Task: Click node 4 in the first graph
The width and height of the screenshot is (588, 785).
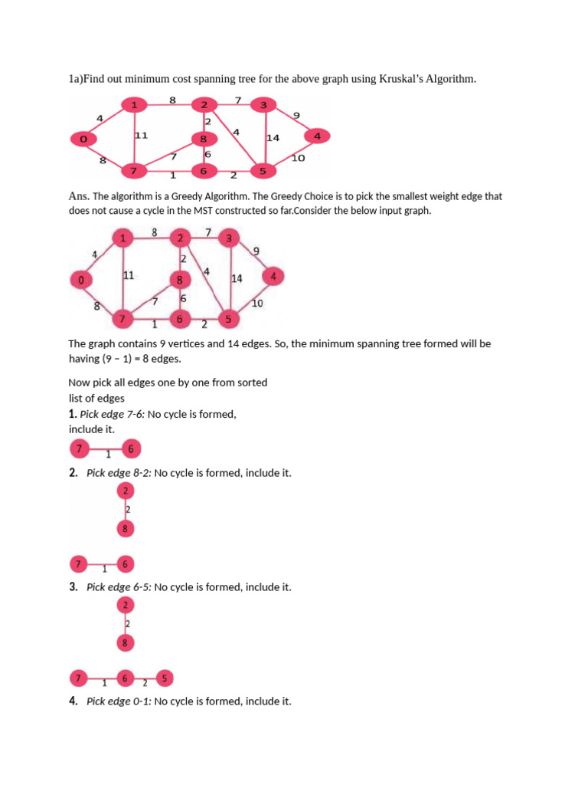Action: (x=317, y=136)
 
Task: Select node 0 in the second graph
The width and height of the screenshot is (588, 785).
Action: (x=81, y=281)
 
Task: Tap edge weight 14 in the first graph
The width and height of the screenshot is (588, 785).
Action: (x=273, y=138)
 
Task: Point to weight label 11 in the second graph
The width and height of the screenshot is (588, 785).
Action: (x=129, y=274)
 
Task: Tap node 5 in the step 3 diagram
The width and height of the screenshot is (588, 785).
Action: (x=165, y=678)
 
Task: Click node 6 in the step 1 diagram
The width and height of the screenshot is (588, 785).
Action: (x=129, y=449)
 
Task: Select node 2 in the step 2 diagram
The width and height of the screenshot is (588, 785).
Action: (x=126, y=491)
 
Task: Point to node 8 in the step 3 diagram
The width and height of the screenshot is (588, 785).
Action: (x=126, y=642)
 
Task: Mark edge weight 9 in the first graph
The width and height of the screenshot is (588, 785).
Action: (x=296, y=115)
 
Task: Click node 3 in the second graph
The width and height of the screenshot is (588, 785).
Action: (x=228, y=239)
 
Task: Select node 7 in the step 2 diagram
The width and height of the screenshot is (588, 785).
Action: (x=78, y=565)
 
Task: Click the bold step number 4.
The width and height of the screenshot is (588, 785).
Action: (x=73, y=701)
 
